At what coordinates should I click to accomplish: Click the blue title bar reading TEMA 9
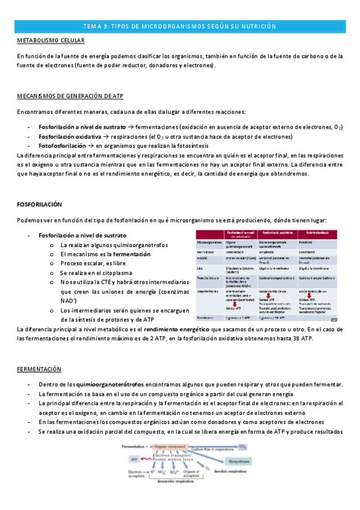point(180,26)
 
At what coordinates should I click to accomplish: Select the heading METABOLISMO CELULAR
point(50,40)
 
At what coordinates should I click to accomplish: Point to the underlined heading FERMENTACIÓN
point(40,369)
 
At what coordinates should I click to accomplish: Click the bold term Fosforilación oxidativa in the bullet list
point(70,137)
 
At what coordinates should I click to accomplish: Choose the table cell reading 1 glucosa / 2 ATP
point(240,317)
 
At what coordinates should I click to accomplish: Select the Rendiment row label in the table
point(206,317)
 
